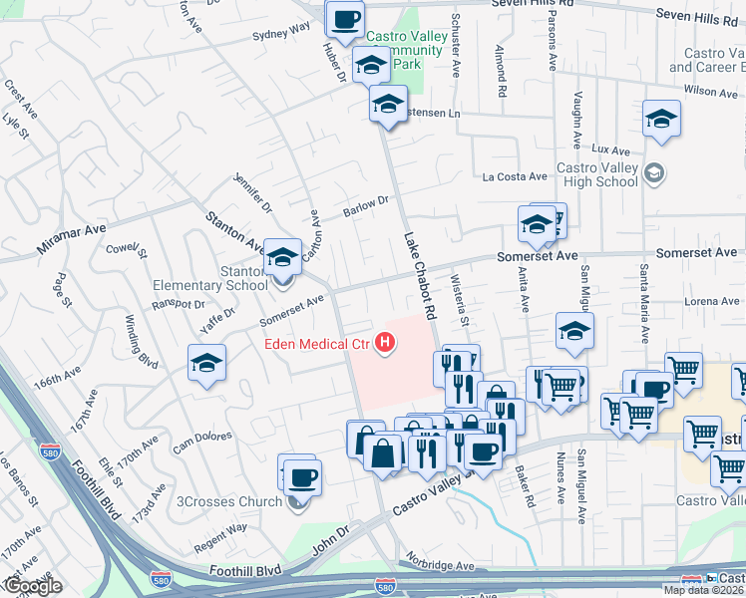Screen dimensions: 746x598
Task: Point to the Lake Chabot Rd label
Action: [420, 276]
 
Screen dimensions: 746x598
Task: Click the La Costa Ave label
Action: [515, 176]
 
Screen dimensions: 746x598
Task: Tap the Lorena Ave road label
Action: [710, 300]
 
